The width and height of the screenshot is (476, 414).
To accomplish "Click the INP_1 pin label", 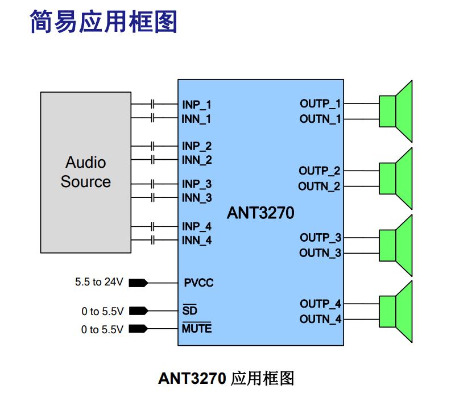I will click(197, 105).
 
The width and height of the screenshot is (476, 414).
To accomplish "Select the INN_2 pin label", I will click(197, 160).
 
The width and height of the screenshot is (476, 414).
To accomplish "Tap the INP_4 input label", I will click(197, 226).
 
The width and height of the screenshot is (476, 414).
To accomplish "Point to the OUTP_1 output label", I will click(320, 103).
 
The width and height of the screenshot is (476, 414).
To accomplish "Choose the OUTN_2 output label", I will click(320, 187).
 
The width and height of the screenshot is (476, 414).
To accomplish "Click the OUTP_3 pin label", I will click(321, 237).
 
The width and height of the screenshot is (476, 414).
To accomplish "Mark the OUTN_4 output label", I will click(321, 320).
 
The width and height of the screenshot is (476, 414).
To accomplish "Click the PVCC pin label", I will click(198, 283).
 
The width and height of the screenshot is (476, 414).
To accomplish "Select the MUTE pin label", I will click(197, 329).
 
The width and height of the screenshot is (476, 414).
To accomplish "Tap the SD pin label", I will click(189, 311).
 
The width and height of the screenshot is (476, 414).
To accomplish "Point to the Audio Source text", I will click(86, 172).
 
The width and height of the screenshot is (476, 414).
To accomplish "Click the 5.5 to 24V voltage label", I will click(99, 282).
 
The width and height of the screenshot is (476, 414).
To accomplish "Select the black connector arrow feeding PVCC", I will click(139, 283).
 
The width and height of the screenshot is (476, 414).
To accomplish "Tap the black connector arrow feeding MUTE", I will click(139, 329).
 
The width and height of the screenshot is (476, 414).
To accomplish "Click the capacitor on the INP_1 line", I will click(153, 104).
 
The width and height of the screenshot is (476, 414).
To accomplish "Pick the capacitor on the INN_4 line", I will click(153, 241).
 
